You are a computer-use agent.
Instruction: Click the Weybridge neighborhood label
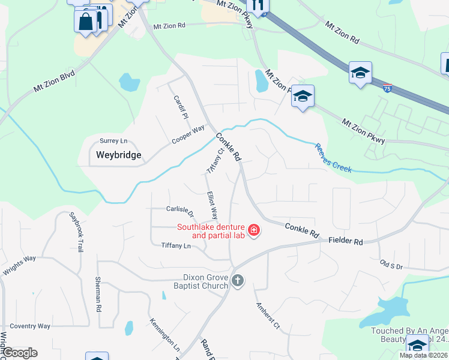point(119,155)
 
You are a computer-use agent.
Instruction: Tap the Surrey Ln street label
point(114,141)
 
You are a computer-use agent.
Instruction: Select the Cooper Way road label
point(188,134)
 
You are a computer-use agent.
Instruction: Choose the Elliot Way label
point(211,205)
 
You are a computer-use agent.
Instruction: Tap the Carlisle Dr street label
point(180,211)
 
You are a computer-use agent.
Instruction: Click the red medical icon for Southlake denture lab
point(254,230)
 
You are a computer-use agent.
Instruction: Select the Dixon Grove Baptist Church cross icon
point(238,281)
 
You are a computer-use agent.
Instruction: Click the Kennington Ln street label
point(164,334)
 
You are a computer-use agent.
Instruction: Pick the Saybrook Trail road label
point(77,232)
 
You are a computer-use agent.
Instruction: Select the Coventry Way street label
point(29,326)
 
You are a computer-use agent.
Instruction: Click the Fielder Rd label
point(346,241)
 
